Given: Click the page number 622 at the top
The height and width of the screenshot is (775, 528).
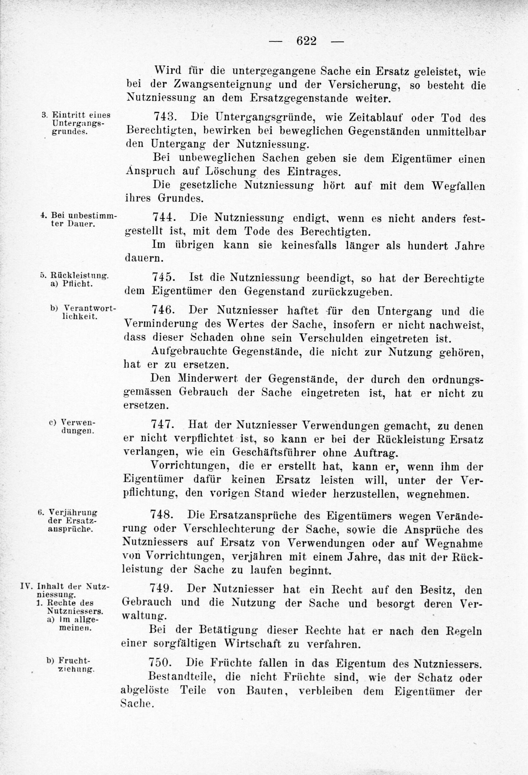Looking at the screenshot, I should click(306, 41).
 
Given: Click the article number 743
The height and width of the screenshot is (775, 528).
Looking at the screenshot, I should click(165, 117).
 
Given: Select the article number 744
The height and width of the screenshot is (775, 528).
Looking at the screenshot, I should click(164, 218).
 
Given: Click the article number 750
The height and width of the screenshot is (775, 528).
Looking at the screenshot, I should click(161, 662).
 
